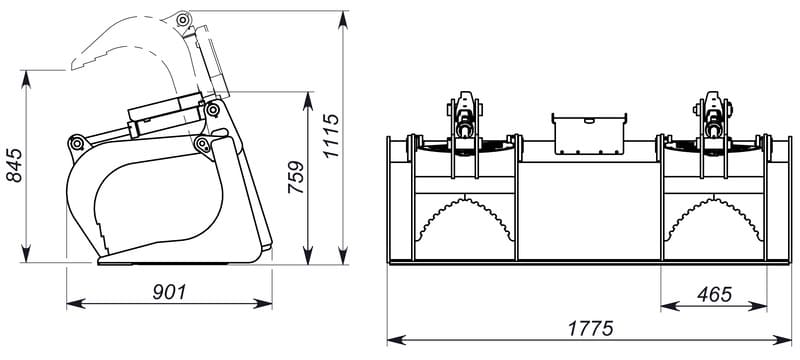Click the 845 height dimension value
[15, 165]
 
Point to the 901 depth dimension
[169, 292]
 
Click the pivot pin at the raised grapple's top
[181, 20]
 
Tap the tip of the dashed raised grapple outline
[72, 68]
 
